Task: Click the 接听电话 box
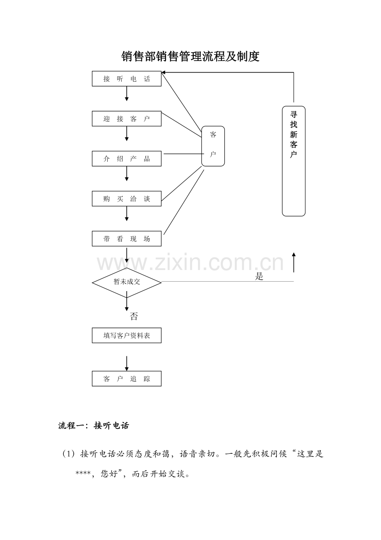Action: [126, 79]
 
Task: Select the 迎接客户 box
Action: [126, 119]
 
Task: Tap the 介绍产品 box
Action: [126, 159]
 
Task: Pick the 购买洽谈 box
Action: [126, 199]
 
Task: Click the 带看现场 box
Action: [126, 239]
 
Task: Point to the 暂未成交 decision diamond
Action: [127, 282]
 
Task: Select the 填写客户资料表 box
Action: [126, 336]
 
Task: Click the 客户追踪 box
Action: [126, 379]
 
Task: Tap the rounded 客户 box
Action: [213, 146]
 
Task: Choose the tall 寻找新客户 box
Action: [294, 161]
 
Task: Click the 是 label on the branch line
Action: [259, 277]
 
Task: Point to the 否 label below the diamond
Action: [134, 317]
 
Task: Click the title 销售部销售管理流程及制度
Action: [190, 57]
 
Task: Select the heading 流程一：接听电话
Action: [94, 426]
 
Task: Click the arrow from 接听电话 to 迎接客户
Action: [127, 94]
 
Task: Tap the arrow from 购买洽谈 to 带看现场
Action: [127, 214]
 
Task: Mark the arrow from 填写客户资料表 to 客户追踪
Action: [127, 363]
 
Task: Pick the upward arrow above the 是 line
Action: [294, 262]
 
